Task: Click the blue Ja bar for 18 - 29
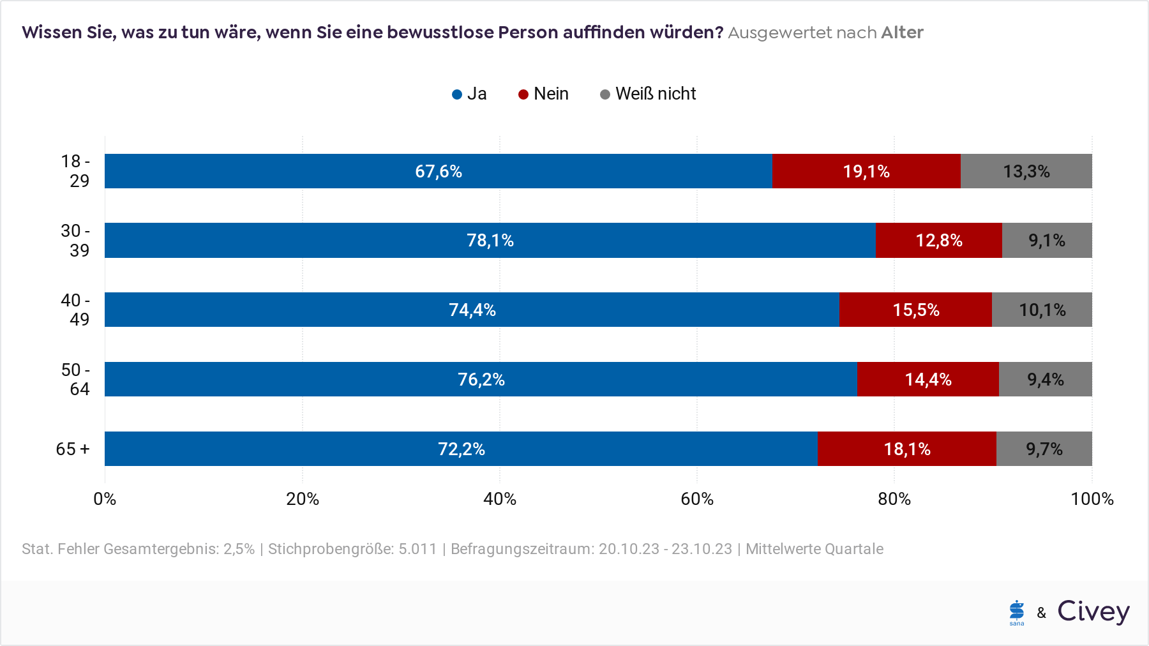(439, 171)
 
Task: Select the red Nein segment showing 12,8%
(939, 240)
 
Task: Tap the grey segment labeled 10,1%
(1042, 310)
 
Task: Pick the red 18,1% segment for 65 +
(907, 449)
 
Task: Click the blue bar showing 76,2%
(481, 379)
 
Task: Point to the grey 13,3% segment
(1026, 171)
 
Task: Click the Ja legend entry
(469, 94)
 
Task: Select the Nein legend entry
(543, 94)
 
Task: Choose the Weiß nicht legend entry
(648, 94)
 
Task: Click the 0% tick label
(105, 499)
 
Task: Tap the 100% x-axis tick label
(1092, 499)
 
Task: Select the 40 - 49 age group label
(75, 310)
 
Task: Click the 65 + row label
(73, 449)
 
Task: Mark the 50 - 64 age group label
(75, 379)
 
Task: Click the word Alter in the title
(902, 33)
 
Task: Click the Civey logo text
(1093, 612)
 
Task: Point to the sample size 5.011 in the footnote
(417, 549)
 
